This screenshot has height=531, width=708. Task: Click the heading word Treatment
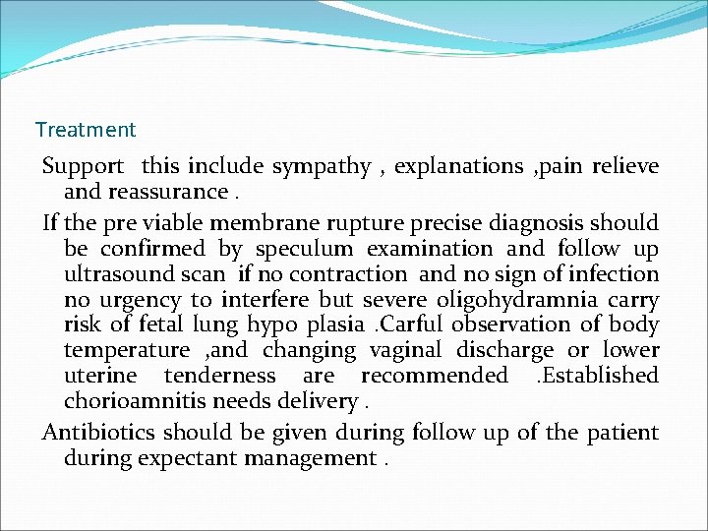coord(86,130)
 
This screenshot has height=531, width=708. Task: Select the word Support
coord(83,166)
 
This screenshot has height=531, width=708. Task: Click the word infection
coord(612,274)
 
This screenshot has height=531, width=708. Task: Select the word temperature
coord(127,350)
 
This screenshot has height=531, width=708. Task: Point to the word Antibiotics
coord(99,433)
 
